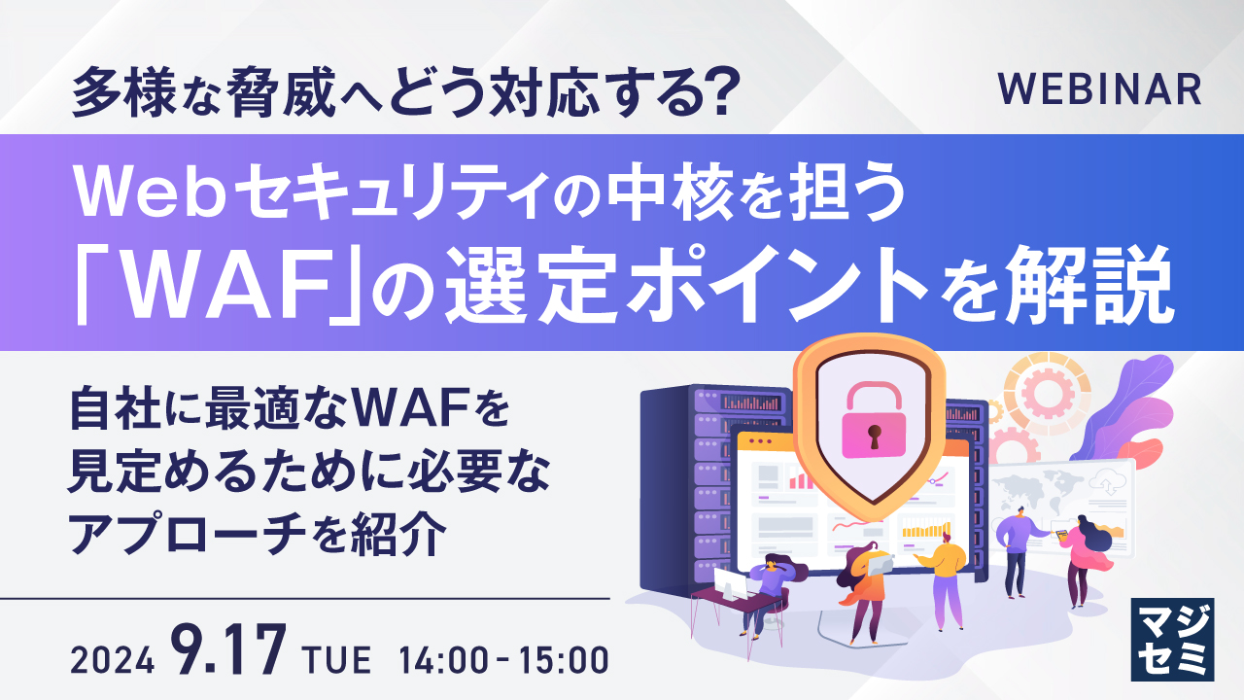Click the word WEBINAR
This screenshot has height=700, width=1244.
point(1099,89)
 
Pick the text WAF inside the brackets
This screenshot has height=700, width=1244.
point(211,290)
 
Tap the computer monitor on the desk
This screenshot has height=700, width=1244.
point(730,582)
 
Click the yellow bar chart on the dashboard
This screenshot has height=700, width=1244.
point(925,529)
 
